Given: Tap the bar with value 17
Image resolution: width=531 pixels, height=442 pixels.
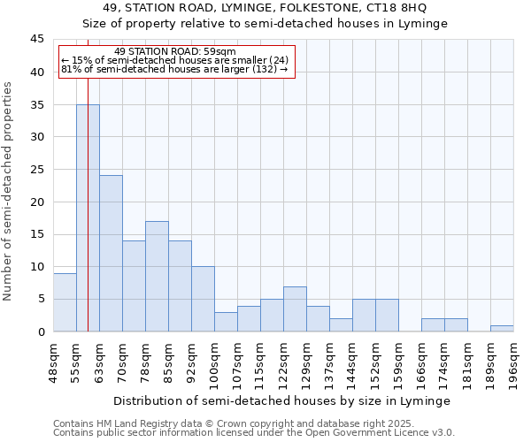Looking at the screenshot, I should (x=157, y=277).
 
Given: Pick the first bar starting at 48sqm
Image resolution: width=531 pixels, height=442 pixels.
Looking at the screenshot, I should (x=65, y=302).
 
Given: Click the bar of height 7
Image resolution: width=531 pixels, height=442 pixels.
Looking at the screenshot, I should (x=295, y=309).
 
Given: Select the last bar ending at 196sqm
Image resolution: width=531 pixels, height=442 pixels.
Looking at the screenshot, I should (x=502, y=329).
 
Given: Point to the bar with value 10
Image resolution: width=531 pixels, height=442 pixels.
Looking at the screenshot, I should (x=203, y=299).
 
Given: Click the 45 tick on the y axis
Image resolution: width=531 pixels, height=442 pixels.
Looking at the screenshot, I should (x=37, y=39).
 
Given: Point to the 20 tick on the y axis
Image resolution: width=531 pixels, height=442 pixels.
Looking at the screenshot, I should (x=37, y=202).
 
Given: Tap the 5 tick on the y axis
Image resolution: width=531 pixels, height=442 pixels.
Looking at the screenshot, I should (x=41, y=299).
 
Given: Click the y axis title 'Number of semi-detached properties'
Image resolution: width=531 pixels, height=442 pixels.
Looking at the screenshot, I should (x=9, y=191).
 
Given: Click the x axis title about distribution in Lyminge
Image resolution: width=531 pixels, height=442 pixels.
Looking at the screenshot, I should (x=283, y=400).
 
